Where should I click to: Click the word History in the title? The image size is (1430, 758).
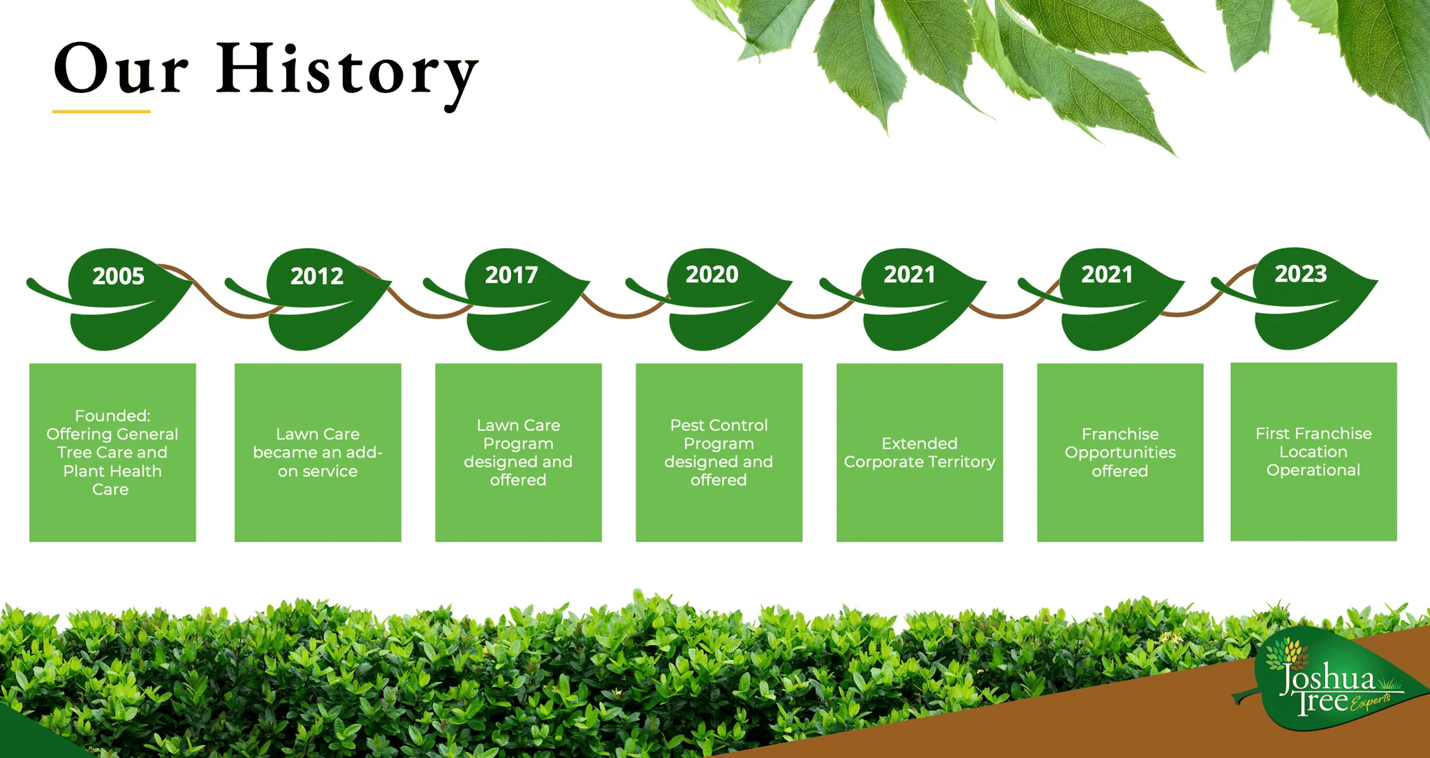pyautogui.click(x=347, y=72)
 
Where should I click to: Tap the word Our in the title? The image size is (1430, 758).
pyautogui.click(x=121, y=69)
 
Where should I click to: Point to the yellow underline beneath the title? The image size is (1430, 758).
pyautogui.click(x=101, y=111)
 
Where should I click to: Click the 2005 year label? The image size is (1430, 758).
pyautogui.click(x=118, y=276)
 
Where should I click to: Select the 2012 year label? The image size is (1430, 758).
pyautogui.click(x=317, y=276)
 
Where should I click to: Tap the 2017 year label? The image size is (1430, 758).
pyautogui.click(x=512, y=275)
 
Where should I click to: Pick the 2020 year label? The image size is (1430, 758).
pyautogui.click(x=712, y=275)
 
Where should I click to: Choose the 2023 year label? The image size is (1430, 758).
pyautogui.click(x=1301, y=274)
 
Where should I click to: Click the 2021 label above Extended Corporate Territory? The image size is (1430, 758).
pyautogui.click(x=909, y=275)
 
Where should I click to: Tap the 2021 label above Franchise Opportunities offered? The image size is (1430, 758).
pyautogui.click(x=1107, y=275)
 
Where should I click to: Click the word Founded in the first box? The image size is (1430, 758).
pyautogui.click(x=112, y=416)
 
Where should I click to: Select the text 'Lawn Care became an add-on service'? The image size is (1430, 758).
pyautogui.click(x=318, y=453)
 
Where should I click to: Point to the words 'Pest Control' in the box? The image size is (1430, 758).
pyautogui.click(x=718, y=425)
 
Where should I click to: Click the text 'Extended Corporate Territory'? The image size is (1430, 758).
pyautogui.click(x=920, y=453)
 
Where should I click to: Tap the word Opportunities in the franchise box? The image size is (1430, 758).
pyautogui.click(x=1120, y=453)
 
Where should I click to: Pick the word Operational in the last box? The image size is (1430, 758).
pyautogui.click(x=1313, y=470)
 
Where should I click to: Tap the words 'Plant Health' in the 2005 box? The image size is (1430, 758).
pyautogui.click(x=112, y=471)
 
